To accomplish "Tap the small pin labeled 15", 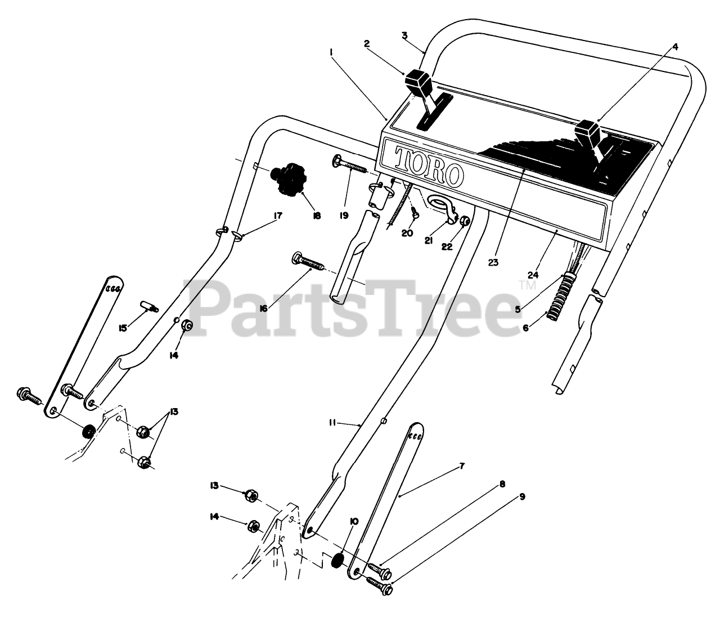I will tap(148, 307).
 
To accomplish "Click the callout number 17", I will tap(277, 216).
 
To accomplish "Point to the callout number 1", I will tap(332, 52).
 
